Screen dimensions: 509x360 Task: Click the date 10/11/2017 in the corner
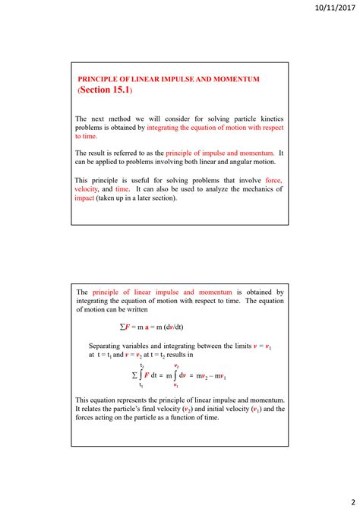pyautogui.click(x=332, y=8)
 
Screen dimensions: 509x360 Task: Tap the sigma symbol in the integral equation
pyautogui.click(x=134, y=375)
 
